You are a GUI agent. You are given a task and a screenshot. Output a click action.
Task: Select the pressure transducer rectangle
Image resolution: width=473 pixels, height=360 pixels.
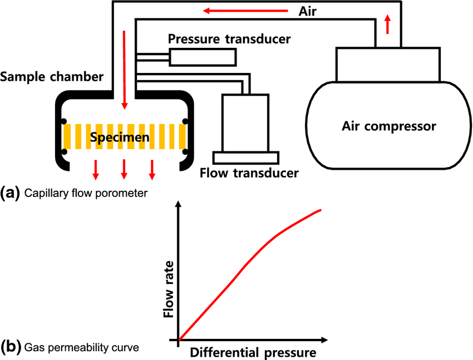coord(203,57)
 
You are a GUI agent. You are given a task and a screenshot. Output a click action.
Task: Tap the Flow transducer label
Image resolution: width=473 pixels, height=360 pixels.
coord(249,173)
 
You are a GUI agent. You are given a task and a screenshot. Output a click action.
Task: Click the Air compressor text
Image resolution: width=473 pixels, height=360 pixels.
coord(388,126)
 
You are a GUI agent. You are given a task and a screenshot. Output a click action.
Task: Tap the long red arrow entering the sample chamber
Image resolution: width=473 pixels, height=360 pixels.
coord(124,70)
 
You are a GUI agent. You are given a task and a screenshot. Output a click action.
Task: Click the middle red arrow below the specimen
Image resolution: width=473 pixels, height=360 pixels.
coord(124,169)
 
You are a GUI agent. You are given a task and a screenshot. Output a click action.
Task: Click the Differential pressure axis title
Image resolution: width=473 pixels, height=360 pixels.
coord(253,352)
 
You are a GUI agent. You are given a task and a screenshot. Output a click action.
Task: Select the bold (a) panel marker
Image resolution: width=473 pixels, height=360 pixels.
coord(11,193)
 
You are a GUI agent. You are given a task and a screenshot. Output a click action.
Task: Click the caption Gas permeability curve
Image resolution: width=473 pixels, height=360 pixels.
coord(81,348)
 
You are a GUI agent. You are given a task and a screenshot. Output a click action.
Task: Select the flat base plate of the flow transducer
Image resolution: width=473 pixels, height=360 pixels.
coord(245,157)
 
